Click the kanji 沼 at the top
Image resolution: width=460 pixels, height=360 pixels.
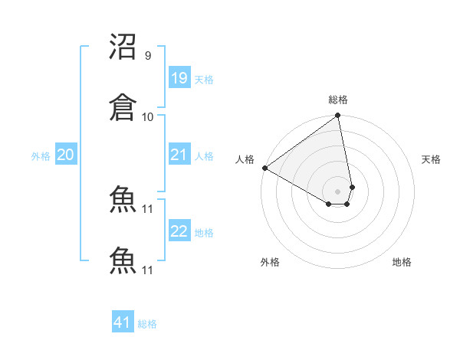(123, 47)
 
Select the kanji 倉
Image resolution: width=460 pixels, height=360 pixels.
(123, 108)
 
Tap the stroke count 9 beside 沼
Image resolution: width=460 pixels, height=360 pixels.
(148, 56)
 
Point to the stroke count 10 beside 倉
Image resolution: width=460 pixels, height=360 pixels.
(148, 116)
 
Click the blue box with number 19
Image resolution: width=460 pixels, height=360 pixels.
(179, 78)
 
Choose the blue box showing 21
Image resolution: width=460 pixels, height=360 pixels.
(179, 155)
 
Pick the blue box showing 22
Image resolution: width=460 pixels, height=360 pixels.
(179, 231)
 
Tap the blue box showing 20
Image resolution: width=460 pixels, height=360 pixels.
(66, 155)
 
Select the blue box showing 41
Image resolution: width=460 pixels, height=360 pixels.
(123, 322)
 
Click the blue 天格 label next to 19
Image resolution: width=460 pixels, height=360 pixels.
(204, 80)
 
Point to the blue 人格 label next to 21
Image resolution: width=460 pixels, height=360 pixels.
(204, 156)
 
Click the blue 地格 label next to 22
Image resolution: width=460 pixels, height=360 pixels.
(204, 233)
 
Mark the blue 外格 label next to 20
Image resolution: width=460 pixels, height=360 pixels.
(41, 156)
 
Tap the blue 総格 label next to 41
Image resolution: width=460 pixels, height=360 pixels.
(147, 324)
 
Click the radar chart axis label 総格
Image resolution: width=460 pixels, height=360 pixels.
(338, 100)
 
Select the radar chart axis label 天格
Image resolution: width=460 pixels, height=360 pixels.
(432, 159)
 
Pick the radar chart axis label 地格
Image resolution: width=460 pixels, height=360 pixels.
(402, 262)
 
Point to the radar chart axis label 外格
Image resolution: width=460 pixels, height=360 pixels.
(270, 262)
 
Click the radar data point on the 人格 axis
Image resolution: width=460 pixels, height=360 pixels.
(264, 168)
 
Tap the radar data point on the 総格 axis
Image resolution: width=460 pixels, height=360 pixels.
(338, 116)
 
